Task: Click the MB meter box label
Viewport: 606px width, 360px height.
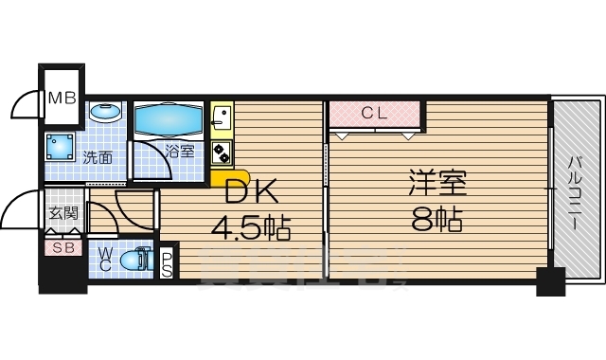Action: [x=62, y=97]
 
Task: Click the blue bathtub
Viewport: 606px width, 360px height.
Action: [x=169, y=120]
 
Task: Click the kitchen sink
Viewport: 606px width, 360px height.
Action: [x=221, y=118]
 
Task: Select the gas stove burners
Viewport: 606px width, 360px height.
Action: [x=222, y=152]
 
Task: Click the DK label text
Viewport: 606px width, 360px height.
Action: [x=251, y=192]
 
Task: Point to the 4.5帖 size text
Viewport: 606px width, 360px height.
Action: [x=250, y=227]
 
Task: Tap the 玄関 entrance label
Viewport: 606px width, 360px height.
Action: [x=63, y=214]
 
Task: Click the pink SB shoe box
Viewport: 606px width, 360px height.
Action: [x=63, y=247]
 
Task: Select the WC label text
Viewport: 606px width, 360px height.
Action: [x=106, y=260]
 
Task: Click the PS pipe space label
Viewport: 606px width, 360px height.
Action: [x=167, y=263]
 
